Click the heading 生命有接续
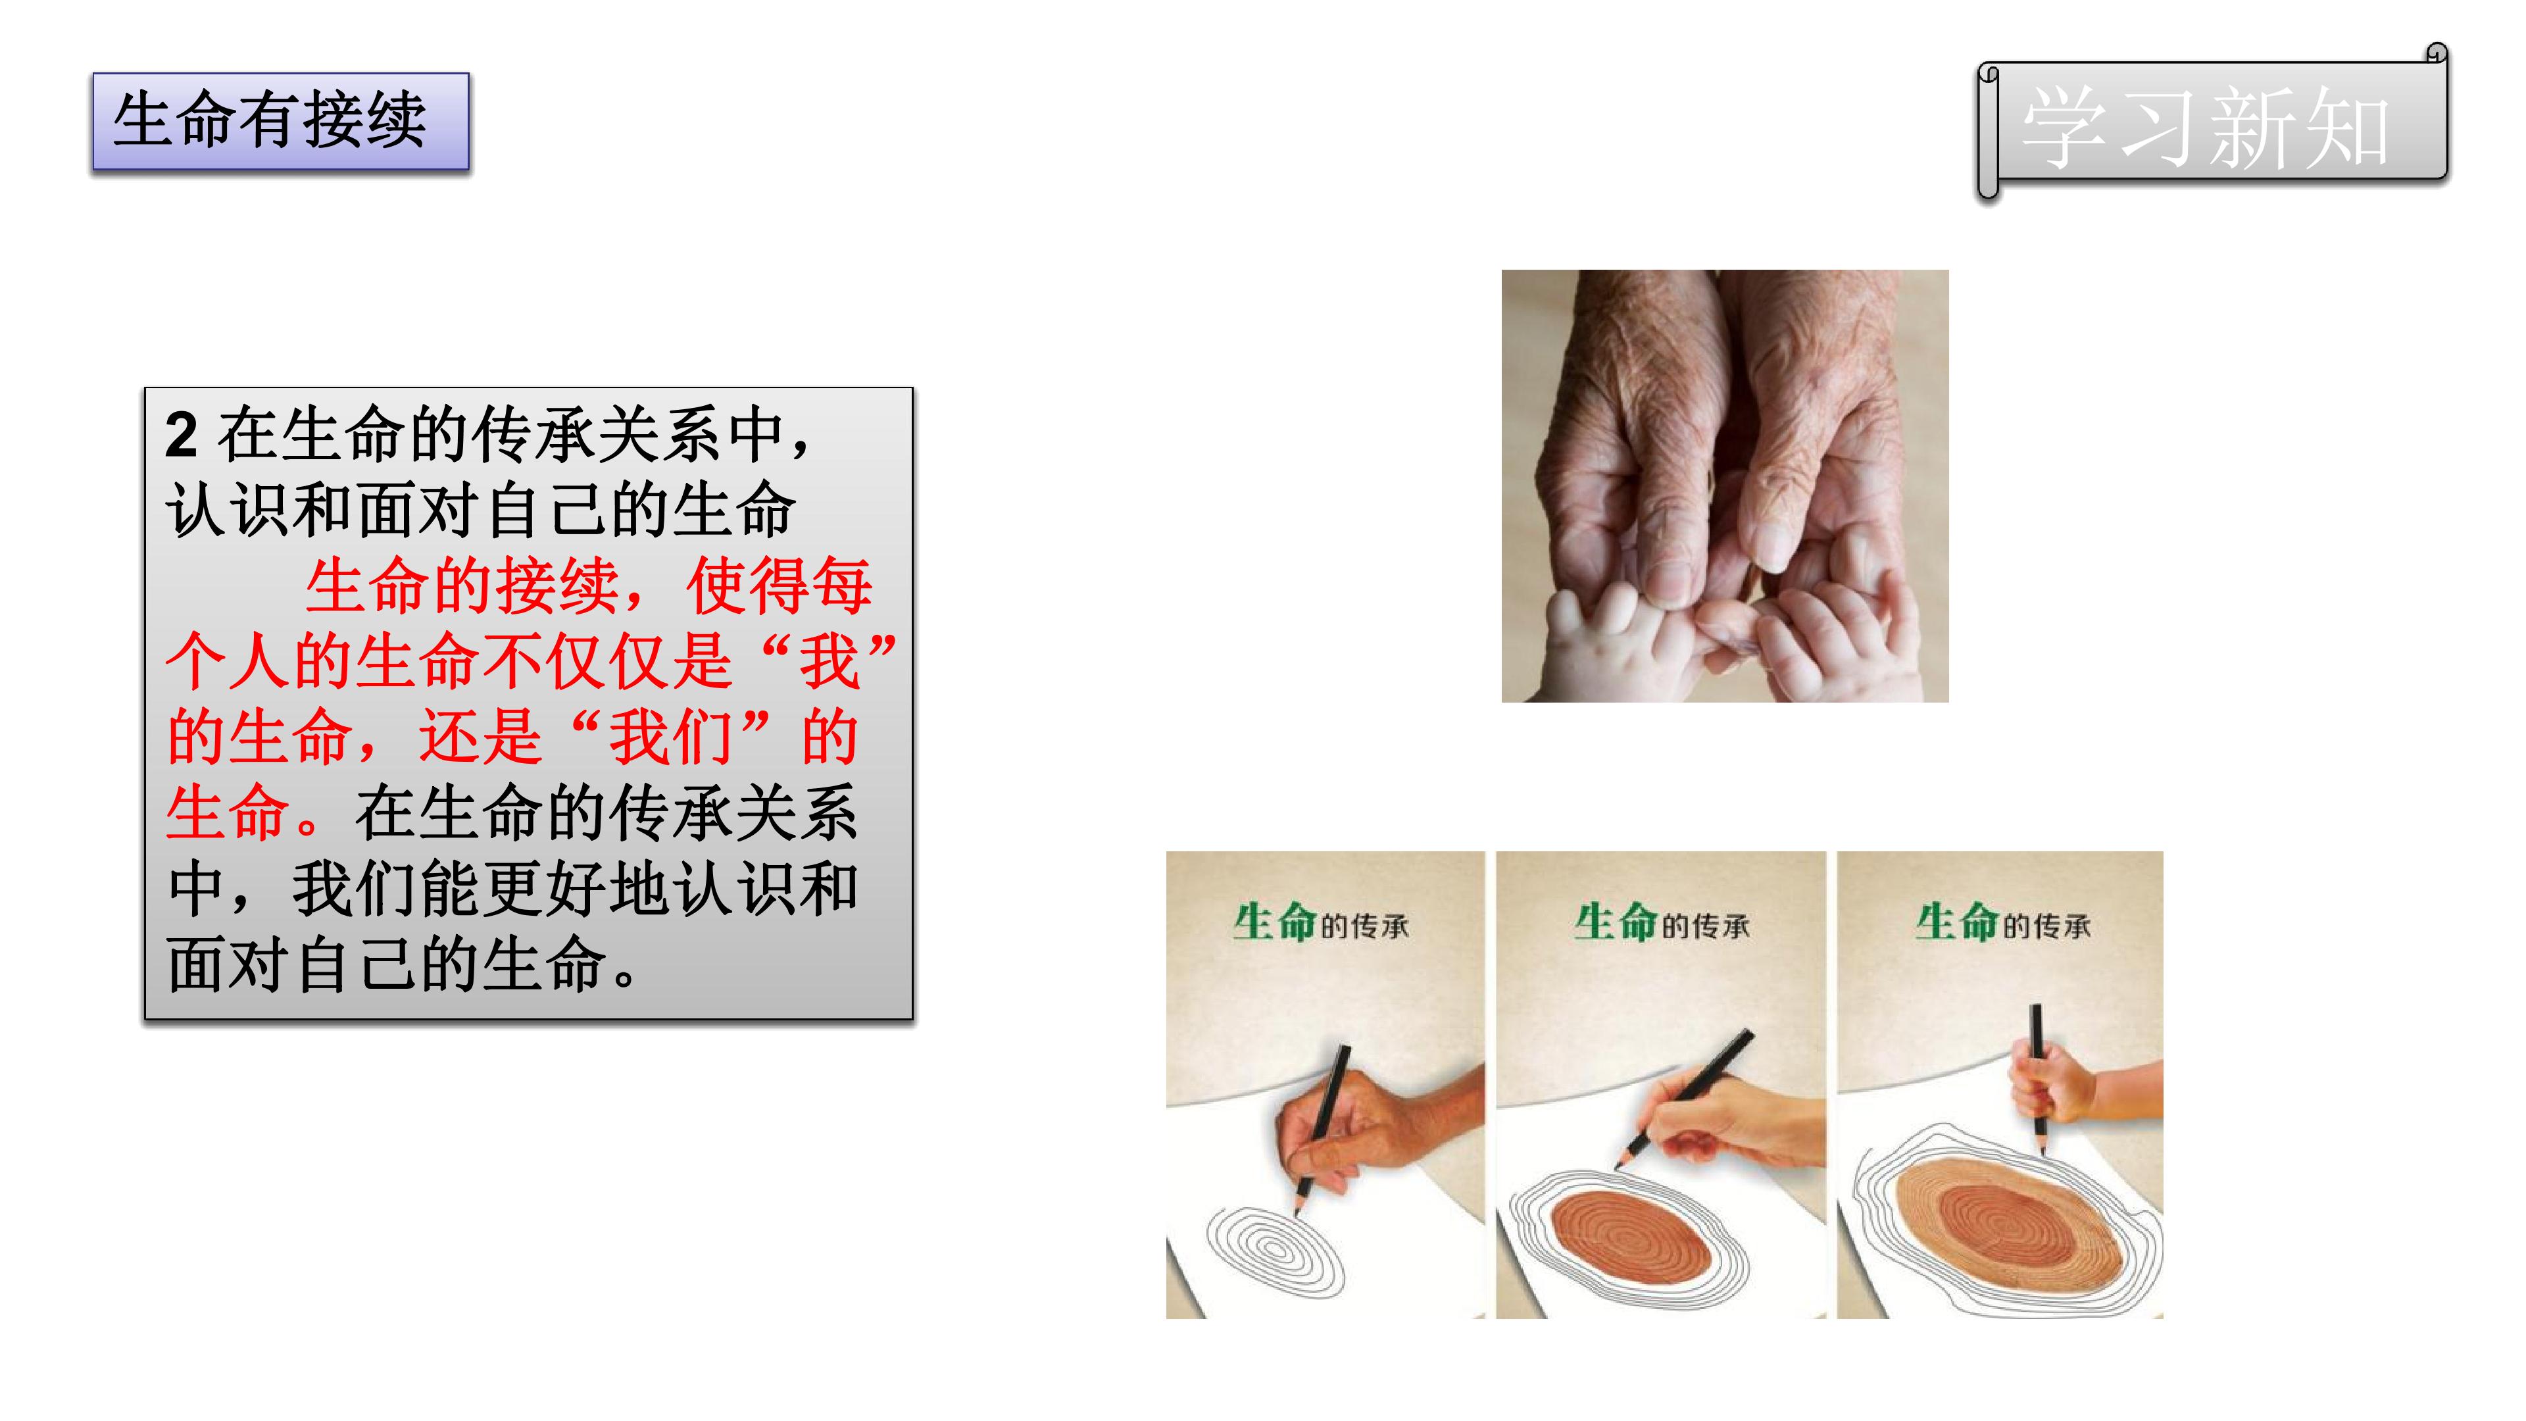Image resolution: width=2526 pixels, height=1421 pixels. pos(270,120)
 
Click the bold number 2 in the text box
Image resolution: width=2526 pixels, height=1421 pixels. pos(182,434)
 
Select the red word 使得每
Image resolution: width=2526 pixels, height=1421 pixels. pos(780,586)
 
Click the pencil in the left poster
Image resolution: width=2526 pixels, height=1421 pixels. pos(1324,1128)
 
